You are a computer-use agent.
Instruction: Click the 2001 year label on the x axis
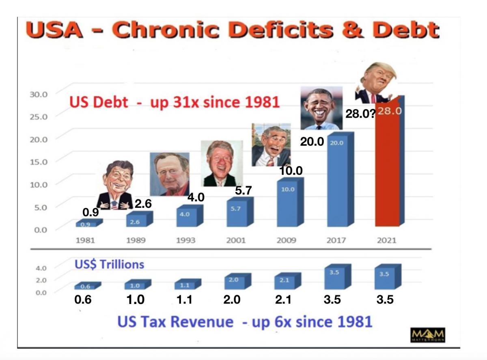tap(236, 240)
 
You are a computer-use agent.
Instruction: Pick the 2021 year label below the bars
tap(386, 240)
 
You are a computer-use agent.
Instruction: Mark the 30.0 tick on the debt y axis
tap(39, 94)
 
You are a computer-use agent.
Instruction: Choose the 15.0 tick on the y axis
tap(39, 162)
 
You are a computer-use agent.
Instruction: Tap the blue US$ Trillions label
tap(109, 265)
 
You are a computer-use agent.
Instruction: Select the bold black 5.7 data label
tap(244, 191)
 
